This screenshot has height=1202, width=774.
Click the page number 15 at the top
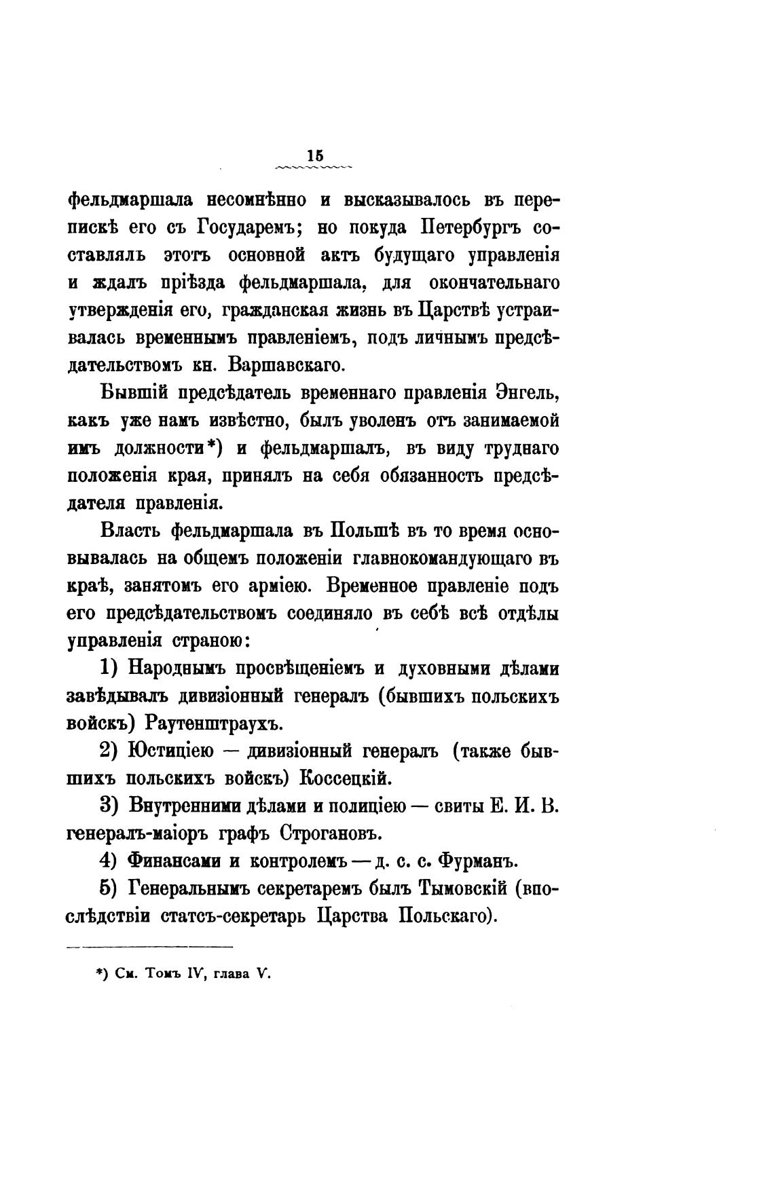[x=314, y=155]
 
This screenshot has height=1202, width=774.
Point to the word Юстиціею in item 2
[x=168, y=751]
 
